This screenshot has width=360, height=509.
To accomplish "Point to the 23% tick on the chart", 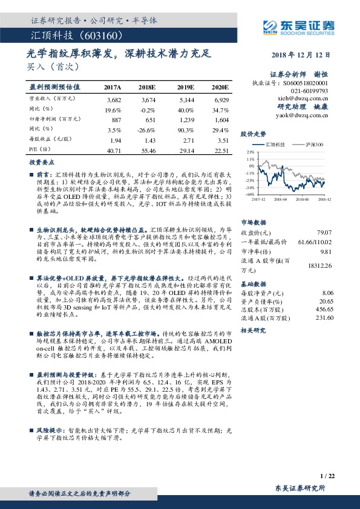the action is (x=250, y=152).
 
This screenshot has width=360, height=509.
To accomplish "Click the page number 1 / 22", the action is (x=326, y=476).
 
